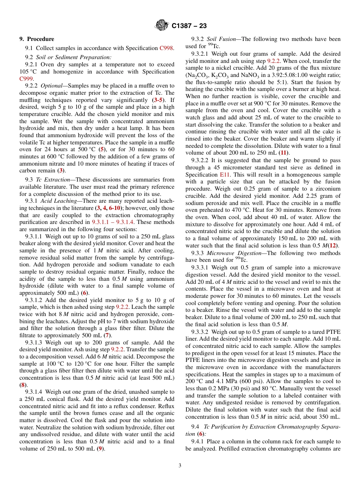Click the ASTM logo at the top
(x=162, y=26)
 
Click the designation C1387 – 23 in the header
(x=189, y=26)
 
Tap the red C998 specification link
(x=166, y=48)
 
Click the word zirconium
(x=327, y=189)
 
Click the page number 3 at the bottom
(x=180, y=466)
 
